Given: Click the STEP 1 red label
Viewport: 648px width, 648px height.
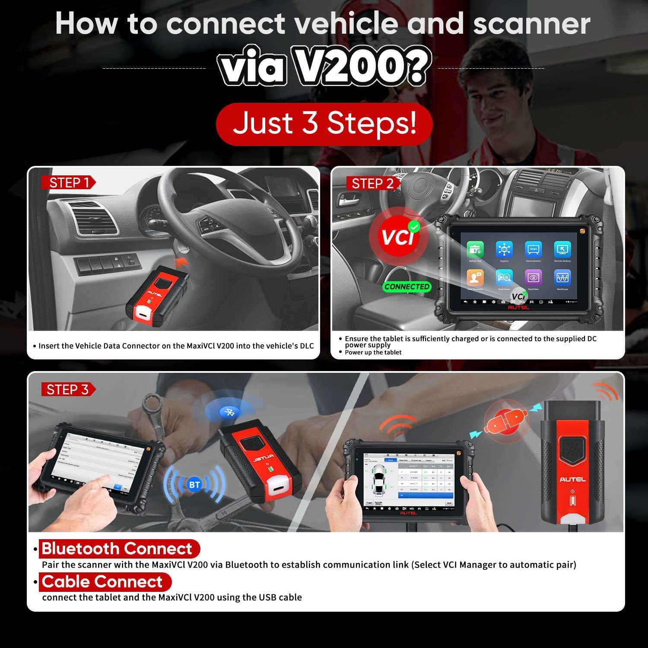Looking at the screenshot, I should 68,183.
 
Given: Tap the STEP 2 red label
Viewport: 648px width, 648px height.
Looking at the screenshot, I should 372,183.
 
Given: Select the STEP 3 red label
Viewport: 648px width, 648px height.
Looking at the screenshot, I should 67,389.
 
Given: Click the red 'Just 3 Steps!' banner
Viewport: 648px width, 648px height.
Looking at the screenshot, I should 324,124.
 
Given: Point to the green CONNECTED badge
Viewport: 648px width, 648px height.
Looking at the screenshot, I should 407,286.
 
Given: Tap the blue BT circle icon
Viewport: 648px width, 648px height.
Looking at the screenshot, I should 194,485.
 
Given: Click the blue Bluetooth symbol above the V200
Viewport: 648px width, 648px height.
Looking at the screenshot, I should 229,412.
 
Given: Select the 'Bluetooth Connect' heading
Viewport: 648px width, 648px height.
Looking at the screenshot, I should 117,549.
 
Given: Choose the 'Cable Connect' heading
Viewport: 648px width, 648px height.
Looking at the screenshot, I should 102,581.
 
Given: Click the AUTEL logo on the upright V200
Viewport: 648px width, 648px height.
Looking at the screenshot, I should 572,479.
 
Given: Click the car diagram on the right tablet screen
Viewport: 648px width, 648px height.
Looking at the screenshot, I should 379,481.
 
